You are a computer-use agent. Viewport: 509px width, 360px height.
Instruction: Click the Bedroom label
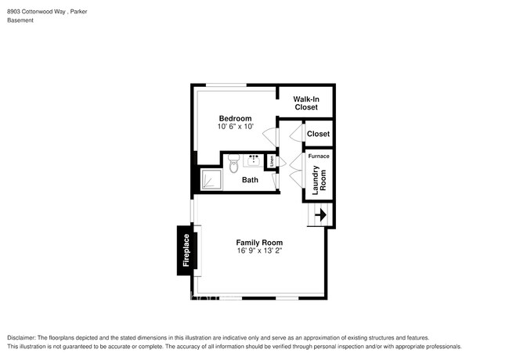pos(235,118)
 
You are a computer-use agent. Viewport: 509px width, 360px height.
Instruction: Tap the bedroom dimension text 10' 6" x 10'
pos(235,127)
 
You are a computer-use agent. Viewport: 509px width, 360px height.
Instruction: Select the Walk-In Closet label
pos(306,103)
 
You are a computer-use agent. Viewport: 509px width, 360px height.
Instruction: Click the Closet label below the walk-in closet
pos(318,134)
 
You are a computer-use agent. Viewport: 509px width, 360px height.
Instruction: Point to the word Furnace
pos(319,157)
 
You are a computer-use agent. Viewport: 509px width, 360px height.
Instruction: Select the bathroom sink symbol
pos(253,161)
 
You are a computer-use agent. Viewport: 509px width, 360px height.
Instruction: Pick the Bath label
pos(250,180)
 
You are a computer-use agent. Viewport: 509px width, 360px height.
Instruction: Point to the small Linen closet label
pos(272,162)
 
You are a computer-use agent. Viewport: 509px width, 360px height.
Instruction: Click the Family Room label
pos(259,243)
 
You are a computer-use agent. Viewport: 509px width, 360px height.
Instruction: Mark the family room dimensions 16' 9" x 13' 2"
pos(259,251)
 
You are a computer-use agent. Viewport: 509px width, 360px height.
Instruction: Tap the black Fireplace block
pos(186,250)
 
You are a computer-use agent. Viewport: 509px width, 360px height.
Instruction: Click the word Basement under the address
pos(20,20)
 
